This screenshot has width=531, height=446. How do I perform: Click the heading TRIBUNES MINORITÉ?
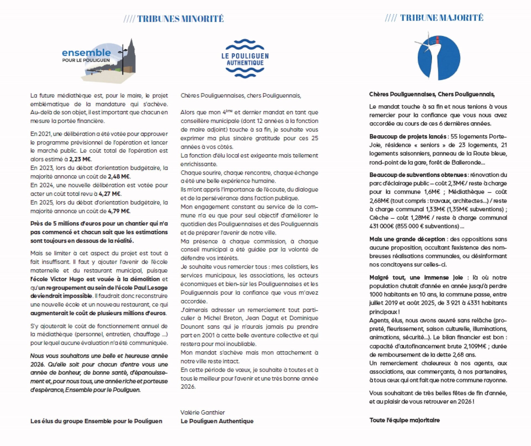pos(173,19)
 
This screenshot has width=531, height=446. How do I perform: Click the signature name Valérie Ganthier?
pos(202,413)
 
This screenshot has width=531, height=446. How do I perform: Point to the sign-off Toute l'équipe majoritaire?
pos(404,420)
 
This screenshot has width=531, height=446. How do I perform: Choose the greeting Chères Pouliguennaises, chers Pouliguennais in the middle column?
pos(241,96)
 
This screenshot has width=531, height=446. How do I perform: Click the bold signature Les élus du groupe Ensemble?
pos(96,421)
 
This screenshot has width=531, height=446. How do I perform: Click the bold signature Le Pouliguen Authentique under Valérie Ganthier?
pos(217,421)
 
